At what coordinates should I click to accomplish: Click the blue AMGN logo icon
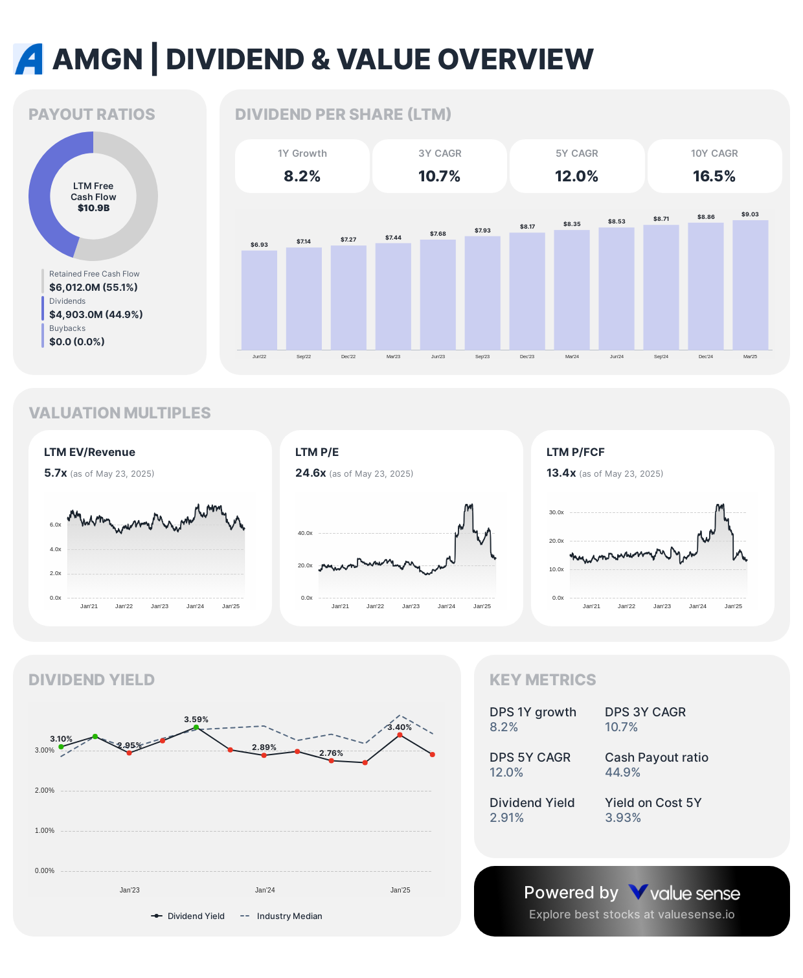click(28, 59)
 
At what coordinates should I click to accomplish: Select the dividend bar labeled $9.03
click(750, 285)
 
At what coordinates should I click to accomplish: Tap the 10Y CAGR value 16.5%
click(714, 176)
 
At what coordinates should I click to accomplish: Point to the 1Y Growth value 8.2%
click(302, 176)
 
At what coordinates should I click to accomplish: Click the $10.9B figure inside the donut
click(93, 208)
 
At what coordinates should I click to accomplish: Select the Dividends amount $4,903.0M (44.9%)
click(96, 315)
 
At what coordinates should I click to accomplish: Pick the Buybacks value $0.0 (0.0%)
click(76, 342)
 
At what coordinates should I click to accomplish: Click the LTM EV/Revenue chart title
click(89, 452)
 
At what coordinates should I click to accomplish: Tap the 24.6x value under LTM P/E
click(310, 473)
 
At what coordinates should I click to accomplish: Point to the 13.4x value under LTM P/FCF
click(561, 473)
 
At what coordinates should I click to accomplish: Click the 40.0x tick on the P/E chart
click(305, 533)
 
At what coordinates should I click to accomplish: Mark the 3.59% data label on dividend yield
click(196, 719)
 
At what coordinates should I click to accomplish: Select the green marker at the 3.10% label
click(62, 747)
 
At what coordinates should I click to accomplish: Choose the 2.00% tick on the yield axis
click(45, 790)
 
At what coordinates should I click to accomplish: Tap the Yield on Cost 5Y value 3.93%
click(622, 818)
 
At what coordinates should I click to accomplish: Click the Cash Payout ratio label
click(656, 757)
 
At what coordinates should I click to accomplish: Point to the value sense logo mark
click(638, 893)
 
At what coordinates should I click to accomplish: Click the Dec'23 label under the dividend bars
click(527, 357)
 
